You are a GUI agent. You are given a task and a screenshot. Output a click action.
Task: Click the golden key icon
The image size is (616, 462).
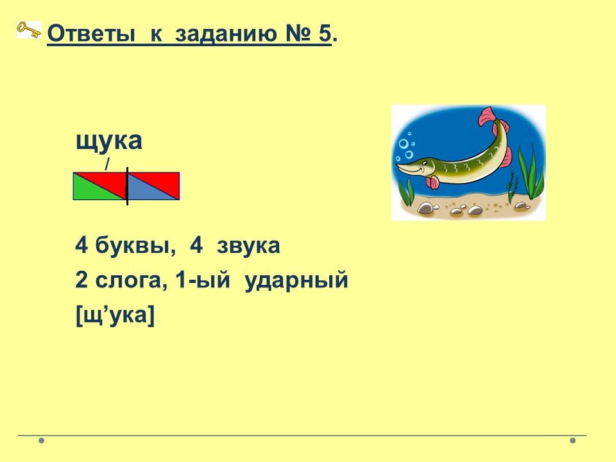[29, 30]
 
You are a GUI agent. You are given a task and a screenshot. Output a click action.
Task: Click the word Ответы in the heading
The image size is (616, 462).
[90, 33]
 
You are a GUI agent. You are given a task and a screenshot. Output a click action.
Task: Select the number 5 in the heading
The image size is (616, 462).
[325, 33]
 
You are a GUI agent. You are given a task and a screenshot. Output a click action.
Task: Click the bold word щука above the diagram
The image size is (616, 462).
[109, 141]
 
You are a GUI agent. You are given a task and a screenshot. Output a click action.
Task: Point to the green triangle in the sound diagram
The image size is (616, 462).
[91, 190]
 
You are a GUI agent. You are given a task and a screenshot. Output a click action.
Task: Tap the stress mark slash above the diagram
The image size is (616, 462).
[107, 164]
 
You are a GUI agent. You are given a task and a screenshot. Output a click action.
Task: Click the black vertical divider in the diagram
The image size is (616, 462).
[127, 186]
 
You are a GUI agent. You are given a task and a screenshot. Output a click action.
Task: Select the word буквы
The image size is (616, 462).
[135, 246]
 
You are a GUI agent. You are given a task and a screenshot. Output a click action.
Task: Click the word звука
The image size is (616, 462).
[248, 246]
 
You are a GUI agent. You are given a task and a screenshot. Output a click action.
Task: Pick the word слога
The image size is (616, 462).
[128, 280]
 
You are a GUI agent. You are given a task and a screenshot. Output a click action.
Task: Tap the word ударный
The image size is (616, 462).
[296, 281]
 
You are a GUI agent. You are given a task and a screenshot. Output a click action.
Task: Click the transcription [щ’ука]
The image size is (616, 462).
[115, 314]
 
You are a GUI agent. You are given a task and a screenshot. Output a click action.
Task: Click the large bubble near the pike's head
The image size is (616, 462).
[404, 144]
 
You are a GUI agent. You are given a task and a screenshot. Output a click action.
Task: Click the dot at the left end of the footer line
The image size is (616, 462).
[41, 440]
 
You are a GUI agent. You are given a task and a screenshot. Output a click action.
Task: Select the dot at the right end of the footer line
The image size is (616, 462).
[572, 440]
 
